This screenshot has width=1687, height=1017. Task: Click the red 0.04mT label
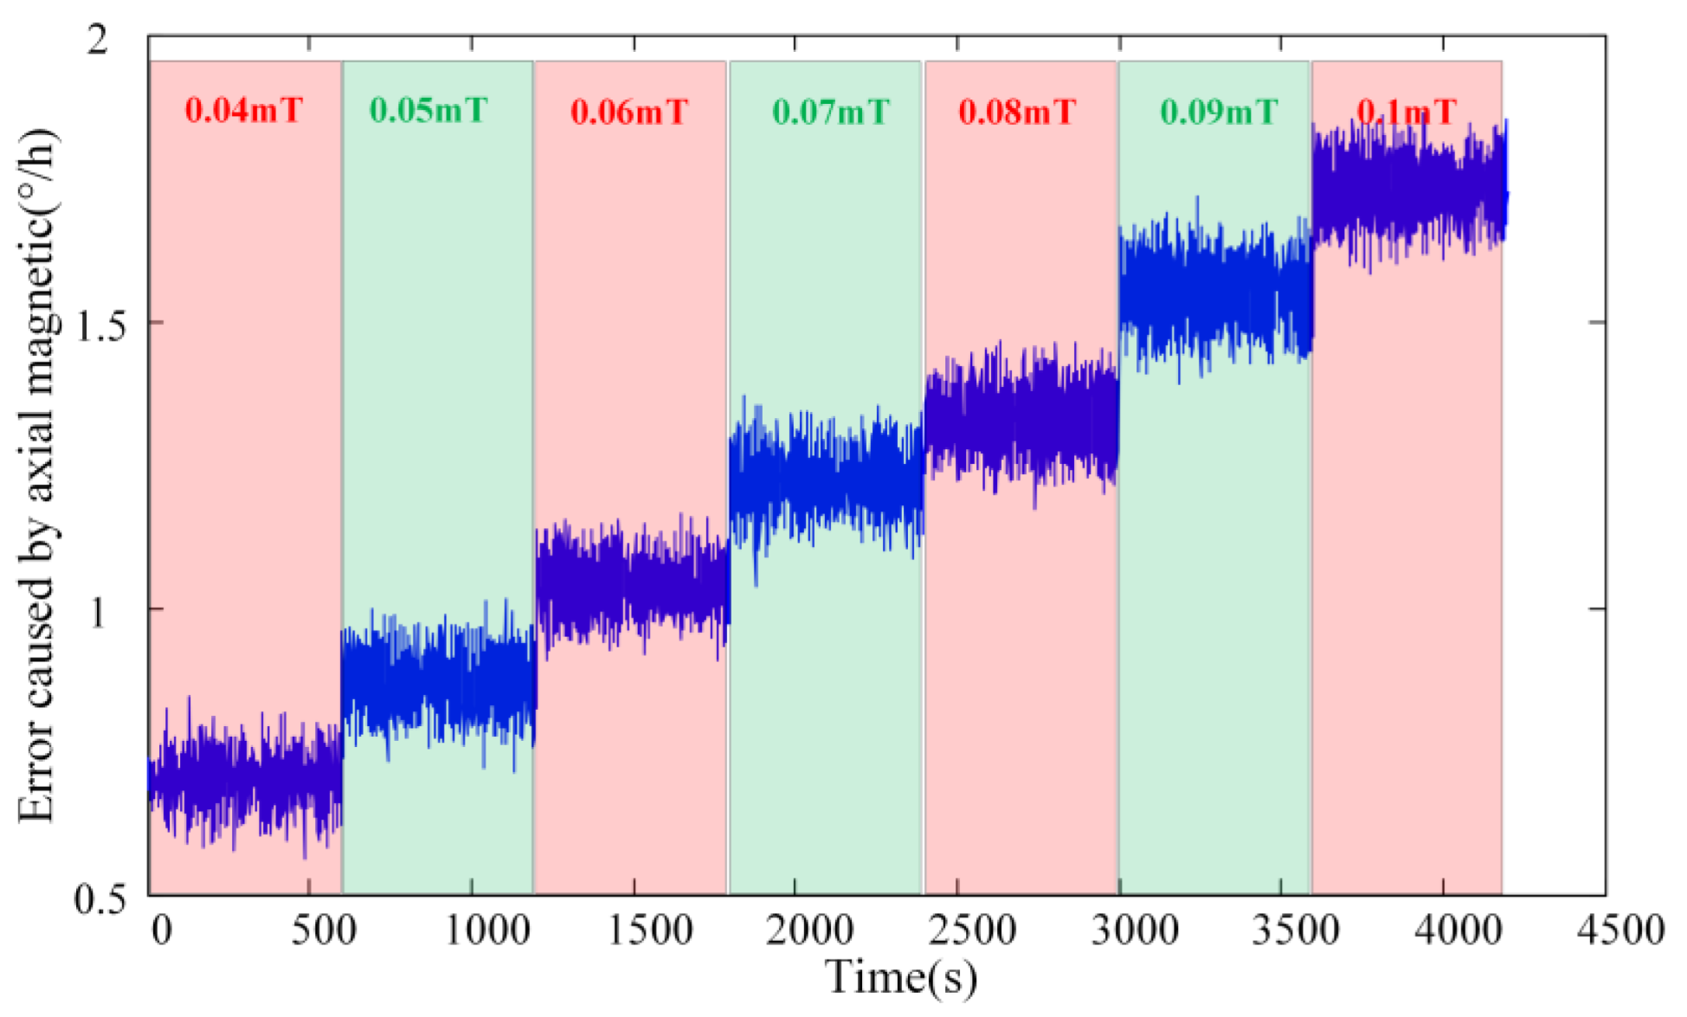244,111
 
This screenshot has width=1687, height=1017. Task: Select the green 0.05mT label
428,111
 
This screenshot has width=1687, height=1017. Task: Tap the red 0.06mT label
629,112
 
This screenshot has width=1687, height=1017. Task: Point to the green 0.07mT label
830,112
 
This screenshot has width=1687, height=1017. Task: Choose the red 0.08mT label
1017,112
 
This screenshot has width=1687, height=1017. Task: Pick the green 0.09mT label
1219,112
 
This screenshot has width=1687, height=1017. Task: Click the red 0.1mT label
1407,112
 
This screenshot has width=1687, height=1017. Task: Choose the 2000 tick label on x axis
810,931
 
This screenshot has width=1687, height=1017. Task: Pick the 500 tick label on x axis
324,931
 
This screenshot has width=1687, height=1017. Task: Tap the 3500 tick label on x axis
1296,931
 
